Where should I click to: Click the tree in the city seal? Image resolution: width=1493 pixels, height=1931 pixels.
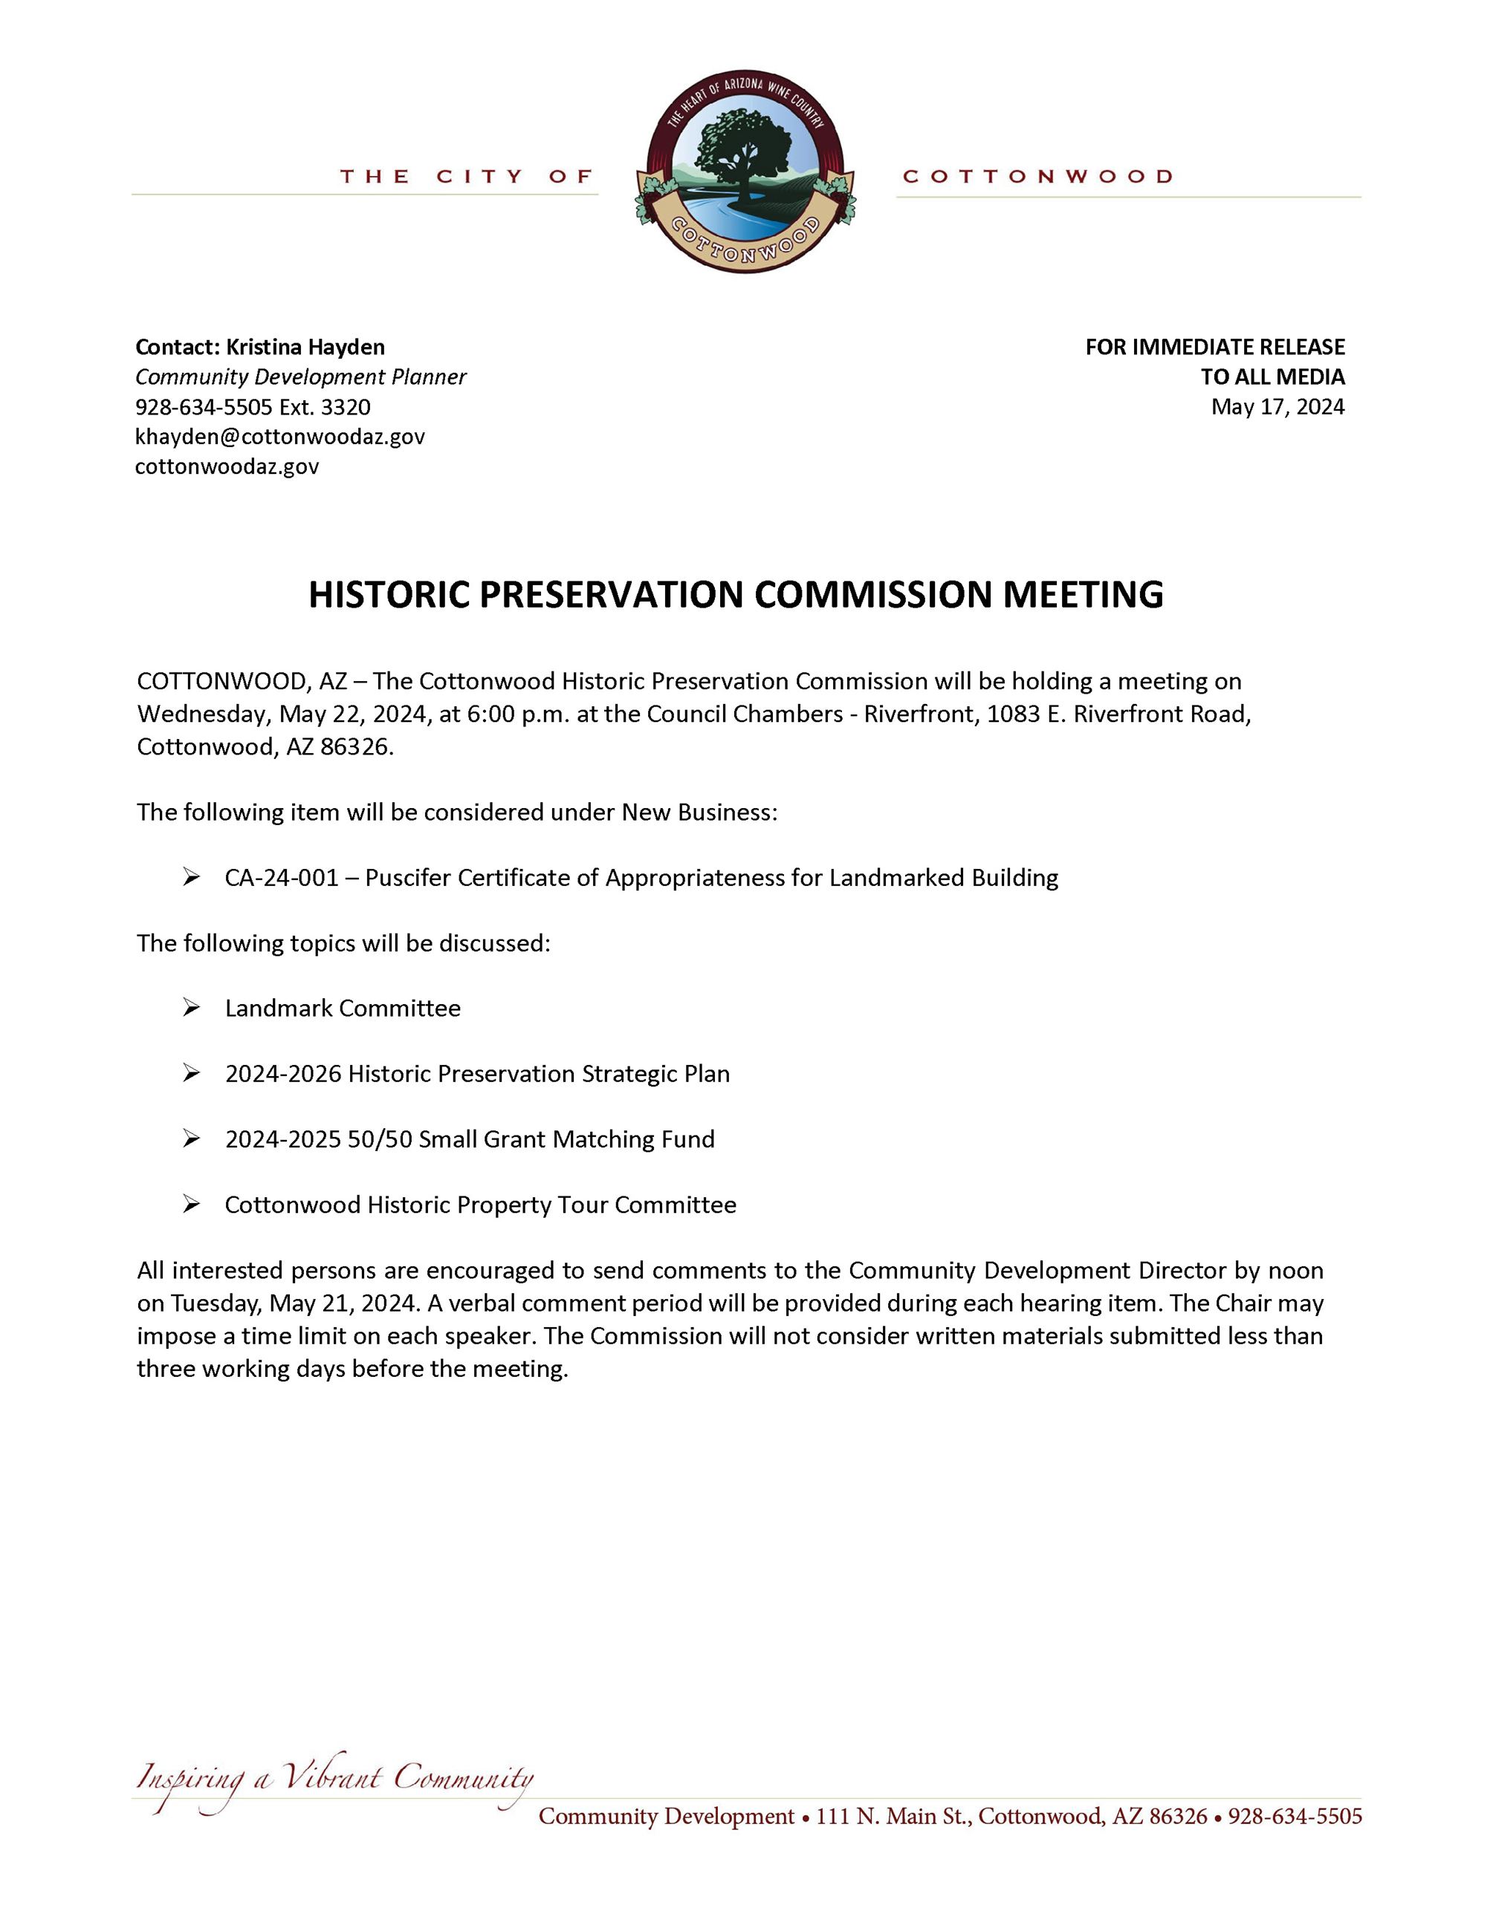[741, 150]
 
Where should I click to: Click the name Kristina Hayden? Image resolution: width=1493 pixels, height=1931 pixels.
[305, 347]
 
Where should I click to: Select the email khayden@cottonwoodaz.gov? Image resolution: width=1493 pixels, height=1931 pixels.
[279, 436]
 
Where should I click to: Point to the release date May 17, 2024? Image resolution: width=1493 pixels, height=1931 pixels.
[1277, 407]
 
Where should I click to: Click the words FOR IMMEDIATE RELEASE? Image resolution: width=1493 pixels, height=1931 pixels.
[1214, 347]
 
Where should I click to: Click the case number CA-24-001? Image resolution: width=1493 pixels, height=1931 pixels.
[281, 877]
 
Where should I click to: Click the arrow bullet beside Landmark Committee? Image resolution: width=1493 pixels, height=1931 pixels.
[191, 1008]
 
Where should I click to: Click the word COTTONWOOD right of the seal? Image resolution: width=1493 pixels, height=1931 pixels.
[1037, 177]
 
